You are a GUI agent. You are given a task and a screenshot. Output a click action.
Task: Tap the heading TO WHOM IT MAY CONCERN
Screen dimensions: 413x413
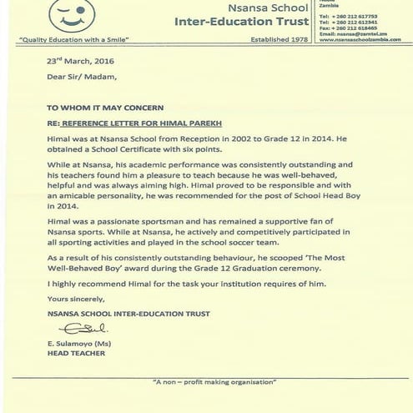pyautogui.click(x=103, y=108)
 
